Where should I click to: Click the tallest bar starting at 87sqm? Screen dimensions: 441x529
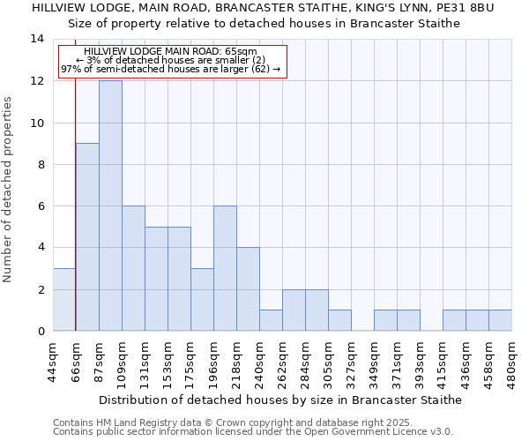click(x=110, y=206)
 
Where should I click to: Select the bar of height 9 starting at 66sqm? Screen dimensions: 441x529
click(x=87, y=237)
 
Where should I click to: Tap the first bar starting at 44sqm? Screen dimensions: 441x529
click(x=64, y=300)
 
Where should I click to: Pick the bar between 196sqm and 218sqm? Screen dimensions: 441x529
click(x=225, y=268)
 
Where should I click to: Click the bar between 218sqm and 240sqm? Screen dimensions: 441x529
click(x=248, y=289)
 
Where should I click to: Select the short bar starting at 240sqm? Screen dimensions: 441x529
click(x=271, y=320)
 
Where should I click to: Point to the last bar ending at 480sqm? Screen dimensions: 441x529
click(x=500, y=320)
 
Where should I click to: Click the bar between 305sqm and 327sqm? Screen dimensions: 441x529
click(x=339, y=320)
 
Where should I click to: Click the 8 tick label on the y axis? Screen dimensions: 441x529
click(x=40, y=165)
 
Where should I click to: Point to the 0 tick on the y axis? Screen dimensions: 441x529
click(x=40, y=332)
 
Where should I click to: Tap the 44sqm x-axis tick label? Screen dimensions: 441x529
click(x=53, y=360)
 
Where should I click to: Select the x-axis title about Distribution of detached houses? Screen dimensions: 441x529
click(x=280, y=400)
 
